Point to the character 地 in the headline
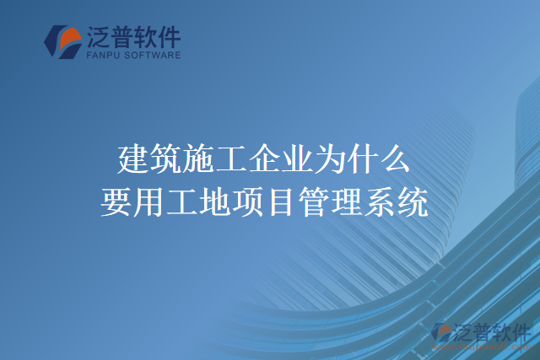click(x=216, y=202)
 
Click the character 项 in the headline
click(x=249, y=202)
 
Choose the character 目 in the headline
click(x=282, y=202)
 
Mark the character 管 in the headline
click(x=315, y=202)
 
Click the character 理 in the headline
click(x=348, y=202)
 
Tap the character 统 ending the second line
click(x=413, y=202)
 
